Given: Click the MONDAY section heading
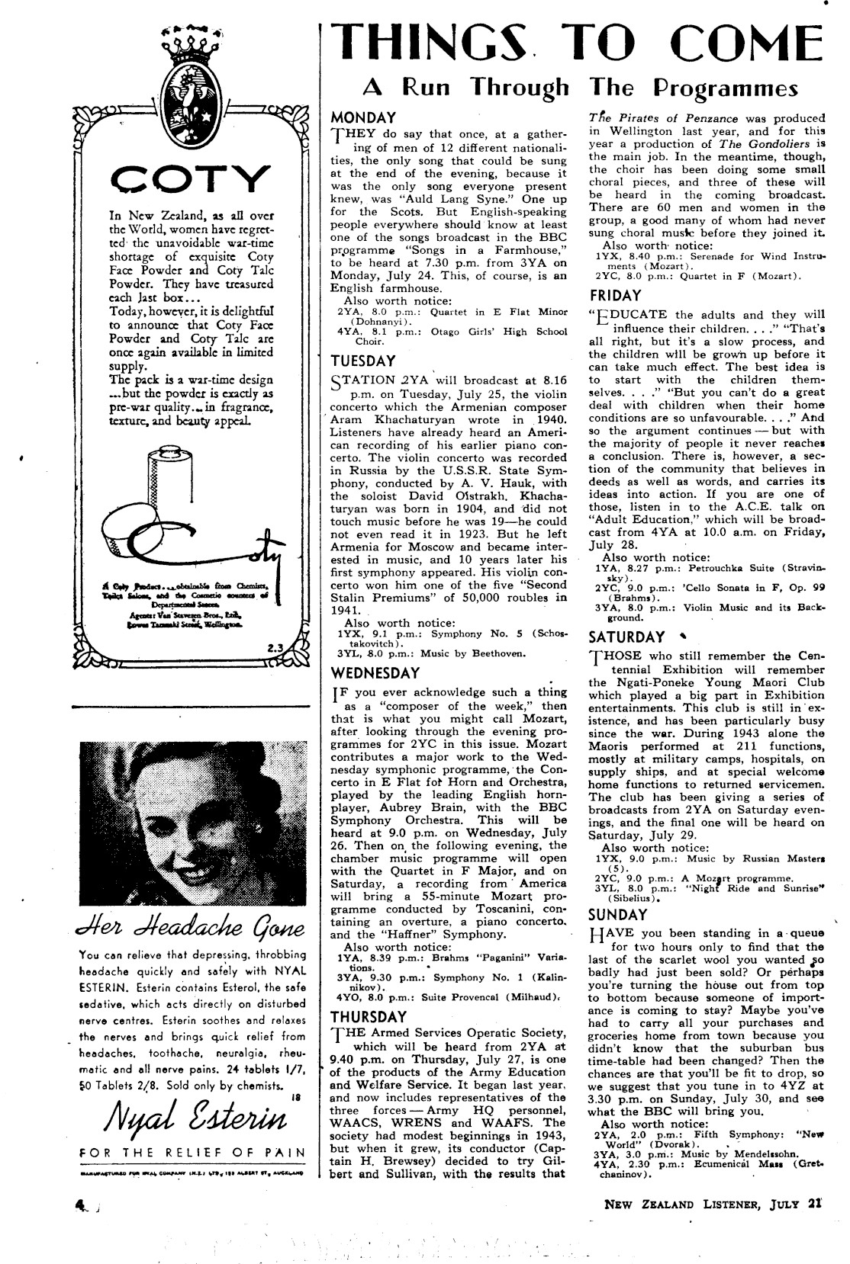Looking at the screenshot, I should coord(363,118).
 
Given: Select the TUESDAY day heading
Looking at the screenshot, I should coord(363,361).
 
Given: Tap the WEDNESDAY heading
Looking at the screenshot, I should coord(375,673).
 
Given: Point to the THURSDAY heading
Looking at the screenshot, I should coord(369,1017).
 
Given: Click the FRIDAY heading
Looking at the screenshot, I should coord(616,295).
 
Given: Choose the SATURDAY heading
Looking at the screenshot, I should coord(626,637).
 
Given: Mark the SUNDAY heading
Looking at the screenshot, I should coord(618,915).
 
